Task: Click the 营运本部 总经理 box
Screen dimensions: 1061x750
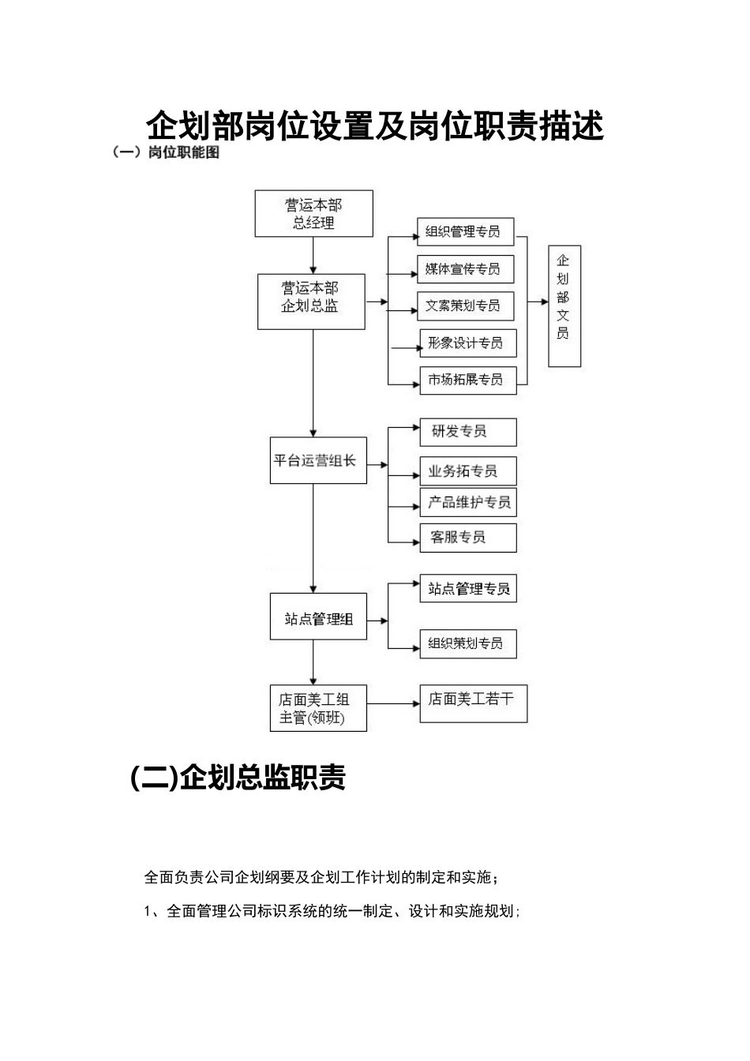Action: pyautogui.click(x=313, y=213)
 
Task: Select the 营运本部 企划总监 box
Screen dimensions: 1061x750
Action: pyautogui.click(x=311, y=301)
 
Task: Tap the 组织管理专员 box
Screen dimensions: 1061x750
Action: pyautogui.click(x=465, y=231)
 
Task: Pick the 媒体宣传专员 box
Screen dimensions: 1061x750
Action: pyautogui.click(x=465, y=268)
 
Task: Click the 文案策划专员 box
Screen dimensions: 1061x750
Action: pyautogui.click(x=465, y=306)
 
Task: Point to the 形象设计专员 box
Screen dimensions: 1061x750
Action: pyautogui.click(x=467, y=343)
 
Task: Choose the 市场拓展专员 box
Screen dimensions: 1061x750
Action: pyautogui.click(x=467, y=380)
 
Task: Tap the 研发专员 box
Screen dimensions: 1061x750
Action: pyautogui.click(x=467, y=432)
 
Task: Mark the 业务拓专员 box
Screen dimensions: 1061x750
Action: pyautogui.click(x=467, y=471)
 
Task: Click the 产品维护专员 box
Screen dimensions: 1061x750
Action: pyautogui.click(x=467, y=502)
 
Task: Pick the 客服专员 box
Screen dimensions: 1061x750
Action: pyautogui.click(x=467, y=538)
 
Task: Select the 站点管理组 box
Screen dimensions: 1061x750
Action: pyautogui.click(x=318, y=618)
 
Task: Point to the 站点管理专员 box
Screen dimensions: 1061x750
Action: pyautogui.click(x=467, y=589)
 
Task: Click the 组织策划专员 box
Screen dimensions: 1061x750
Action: pyautogui.click(x=467, y=643)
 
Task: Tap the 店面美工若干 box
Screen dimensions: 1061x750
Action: pyautogui.click(x=472, y=703)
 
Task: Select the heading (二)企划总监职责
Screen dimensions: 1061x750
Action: pyautogui.click(x=238, y=778)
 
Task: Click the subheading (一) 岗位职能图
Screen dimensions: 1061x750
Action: pyautogui.click(x=165, y=153)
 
